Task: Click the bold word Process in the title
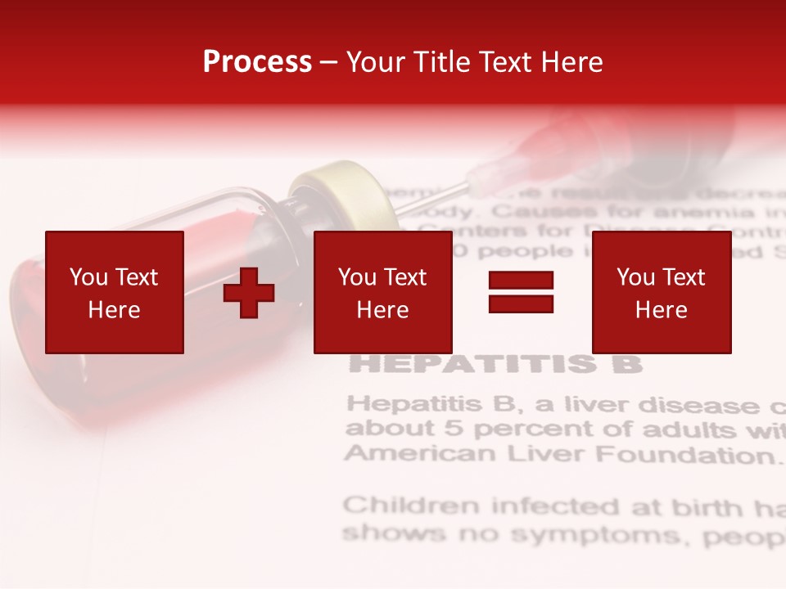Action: click(257, 62)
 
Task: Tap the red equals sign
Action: click(521, 292)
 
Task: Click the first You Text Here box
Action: click(114, 292)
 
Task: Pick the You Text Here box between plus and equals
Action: click(382, 292)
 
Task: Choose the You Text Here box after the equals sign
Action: click(661, 292)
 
